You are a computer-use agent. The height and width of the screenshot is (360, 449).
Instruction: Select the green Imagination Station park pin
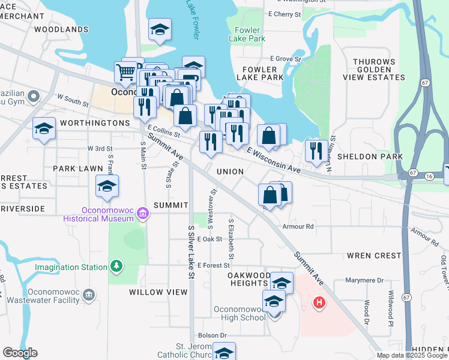115,266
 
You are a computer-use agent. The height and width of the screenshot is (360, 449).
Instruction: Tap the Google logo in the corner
20,353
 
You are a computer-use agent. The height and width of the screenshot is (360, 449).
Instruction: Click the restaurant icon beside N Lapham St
316,150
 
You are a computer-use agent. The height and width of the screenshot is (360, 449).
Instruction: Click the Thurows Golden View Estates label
382,70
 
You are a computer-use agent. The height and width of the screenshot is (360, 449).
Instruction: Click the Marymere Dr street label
364,280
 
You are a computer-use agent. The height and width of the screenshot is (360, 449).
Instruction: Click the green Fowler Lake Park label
247,34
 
